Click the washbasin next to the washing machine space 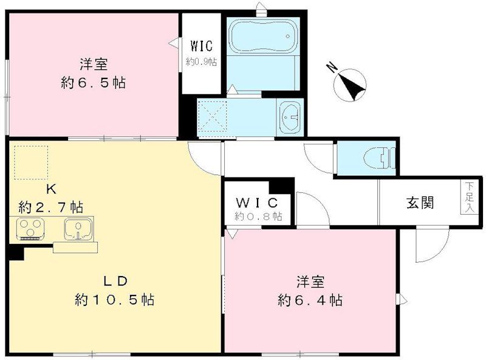pyautogui.click(x=291, y=116)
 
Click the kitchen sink pyautogui.click(x=78, y=229)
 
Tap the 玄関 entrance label pyautogui.click(x=420, y=203)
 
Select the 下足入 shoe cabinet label pyautogui.click(x=469, y=196)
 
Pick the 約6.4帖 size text pyautogui.click(x=309, y=300)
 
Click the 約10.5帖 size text pyautogui.click(x=114, y=300)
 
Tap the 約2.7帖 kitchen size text pyautogui.click(x=50, y=207)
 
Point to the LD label pyautogui.click(x=114, y=281)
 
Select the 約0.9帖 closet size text pyautogui.click(x=201, y=61)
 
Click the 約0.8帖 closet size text pyautogui.click(x=258, y=216)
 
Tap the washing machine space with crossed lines pyautogui.click(x=212, y=116)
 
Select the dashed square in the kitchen pyautogui.click(x=30, y=162)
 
